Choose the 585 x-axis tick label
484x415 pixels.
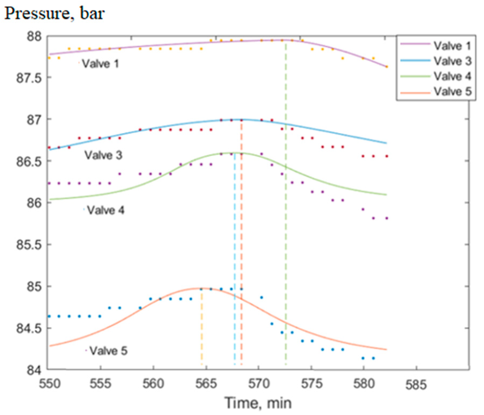click(416, 384)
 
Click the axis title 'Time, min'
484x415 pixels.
click(258, 403)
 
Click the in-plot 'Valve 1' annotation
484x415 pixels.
click(100, 64)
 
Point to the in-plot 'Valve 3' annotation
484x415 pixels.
click(103, 155)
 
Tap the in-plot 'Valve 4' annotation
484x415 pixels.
click(106, 210)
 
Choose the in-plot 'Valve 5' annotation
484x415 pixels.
click(108, 351)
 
